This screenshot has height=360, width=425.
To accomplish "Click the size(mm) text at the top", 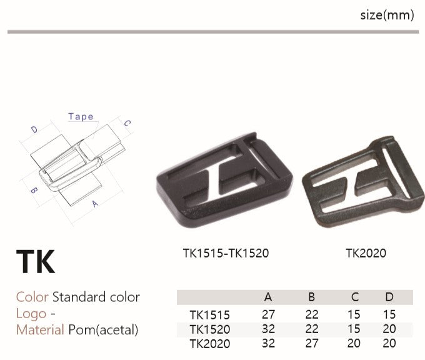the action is (387, 15).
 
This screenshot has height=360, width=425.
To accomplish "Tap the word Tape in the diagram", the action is (81, 117).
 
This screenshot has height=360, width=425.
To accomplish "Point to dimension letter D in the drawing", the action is (34, 129).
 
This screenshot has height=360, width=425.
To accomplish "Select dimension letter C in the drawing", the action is (127, 123).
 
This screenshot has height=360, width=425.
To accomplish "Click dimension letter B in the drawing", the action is (34, 190).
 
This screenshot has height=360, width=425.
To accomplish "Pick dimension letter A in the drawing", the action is (94, 204).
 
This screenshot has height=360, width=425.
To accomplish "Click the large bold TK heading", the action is (36, 261).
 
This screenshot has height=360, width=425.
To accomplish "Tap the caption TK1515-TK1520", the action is (226, 253).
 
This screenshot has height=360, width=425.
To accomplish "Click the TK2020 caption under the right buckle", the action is (366, 253).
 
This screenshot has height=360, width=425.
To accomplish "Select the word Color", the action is (32, 297).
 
